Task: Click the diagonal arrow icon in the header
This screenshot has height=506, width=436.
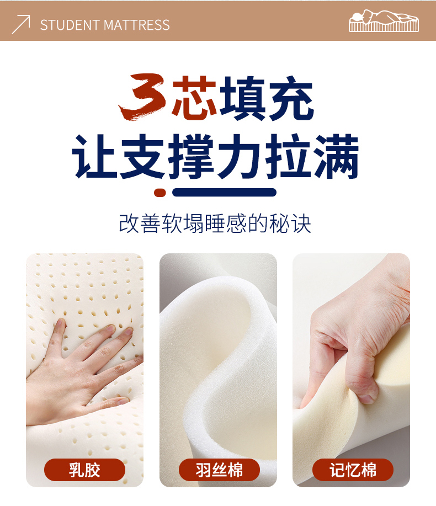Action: [x=21, y=24]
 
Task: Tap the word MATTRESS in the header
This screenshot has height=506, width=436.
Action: [x=136, y=25]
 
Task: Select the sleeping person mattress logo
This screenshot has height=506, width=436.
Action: [x=384, y=20]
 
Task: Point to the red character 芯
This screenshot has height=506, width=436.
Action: [x=194, y=96]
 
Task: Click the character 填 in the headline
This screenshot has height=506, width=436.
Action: [x=243, y=98]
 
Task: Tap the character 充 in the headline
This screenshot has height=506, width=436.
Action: [x=290, y=98]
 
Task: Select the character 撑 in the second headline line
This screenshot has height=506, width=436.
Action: [x=191, y=156]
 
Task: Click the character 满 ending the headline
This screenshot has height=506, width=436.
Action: [x=337, y=156]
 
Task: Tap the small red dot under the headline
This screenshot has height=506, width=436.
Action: [x=160, y=193]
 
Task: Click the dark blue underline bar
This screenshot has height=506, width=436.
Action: [x=224, y=193]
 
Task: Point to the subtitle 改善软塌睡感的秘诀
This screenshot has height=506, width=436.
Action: [x=215, y=223]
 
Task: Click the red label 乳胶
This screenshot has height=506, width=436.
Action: [x=84, y=470]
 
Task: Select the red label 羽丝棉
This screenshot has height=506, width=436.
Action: [x=219, y=470]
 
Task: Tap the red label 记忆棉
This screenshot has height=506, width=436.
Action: [x=353, y=470]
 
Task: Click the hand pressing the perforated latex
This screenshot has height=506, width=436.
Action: [x=81, y=371]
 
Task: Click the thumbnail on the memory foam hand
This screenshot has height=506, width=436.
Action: [x=367, y=399]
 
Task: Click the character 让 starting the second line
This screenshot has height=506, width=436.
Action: [x=94, y=156]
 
